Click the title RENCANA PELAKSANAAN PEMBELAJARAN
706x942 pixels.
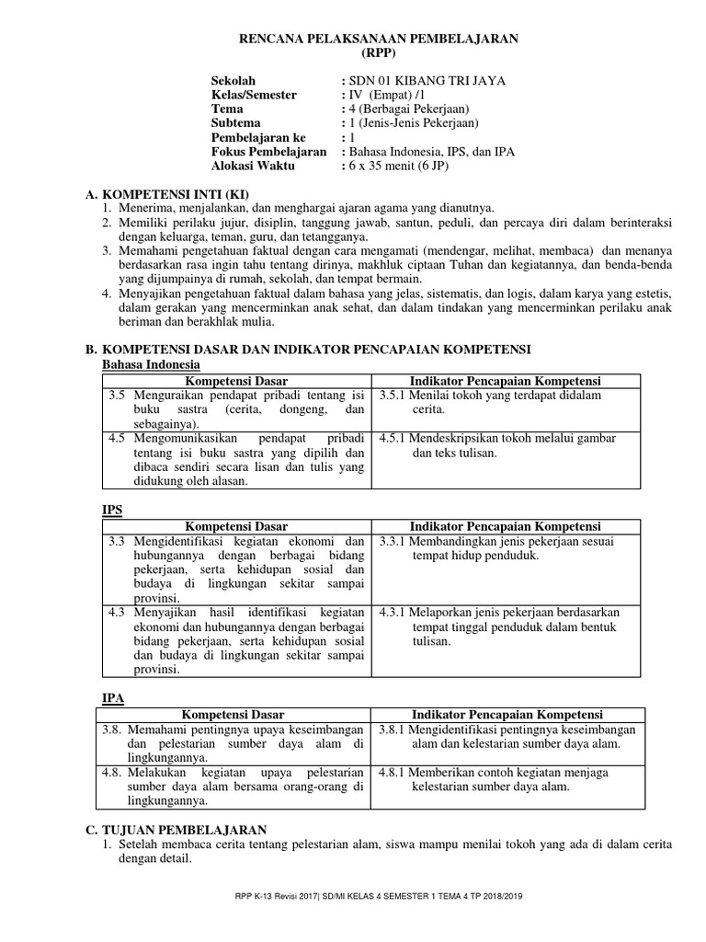pos(379,38)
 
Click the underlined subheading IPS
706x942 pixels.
pos(110,509)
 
